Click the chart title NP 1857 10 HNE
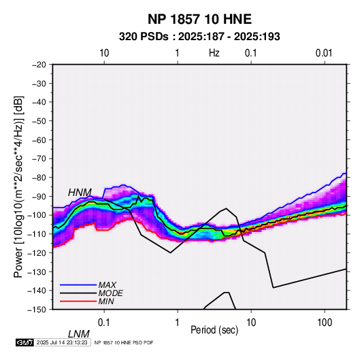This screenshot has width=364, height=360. coord(199,19)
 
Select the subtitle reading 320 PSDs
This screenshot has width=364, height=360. coord(144,37)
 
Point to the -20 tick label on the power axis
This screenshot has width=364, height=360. coord(39,65)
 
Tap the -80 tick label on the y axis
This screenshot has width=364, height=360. coord(39,178)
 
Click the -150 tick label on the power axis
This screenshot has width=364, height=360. coord(37,310)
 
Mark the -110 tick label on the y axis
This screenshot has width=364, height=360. coord(37,234)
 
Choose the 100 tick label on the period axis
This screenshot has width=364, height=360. coord(325,323)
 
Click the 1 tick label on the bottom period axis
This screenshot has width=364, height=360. coord(178,323)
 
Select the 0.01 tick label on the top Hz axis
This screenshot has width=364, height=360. coord(324,53)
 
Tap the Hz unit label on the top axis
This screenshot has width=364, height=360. coord(214,53)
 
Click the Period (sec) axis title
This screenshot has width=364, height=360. coord(214,330)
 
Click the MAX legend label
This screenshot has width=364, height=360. coord(107,285)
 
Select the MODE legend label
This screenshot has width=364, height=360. coord(110,293)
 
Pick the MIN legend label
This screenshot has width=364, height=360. coord(106,301)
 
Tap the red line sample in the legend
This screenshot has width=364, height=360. coord(78,301)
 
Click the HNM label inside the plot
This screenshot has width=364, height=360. coord(80,193)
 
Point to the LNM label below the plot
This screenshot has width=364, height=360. coord(79,334)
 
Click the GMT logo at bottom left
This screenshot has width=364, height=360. coord(25,342)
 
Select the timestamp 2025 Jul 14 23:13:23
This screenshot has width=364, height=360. coord(62,342)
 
